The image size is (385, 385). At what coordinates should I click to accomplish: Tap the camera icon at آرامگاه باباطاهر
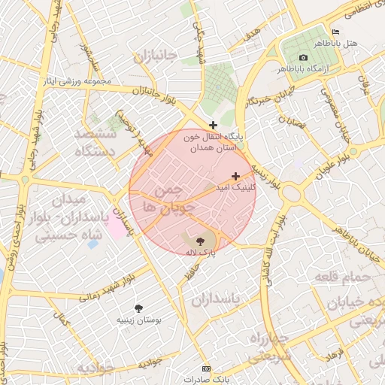click(303, 58)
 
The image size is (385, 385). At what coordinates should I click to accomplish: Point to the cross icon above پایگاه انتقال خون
click(214, 124)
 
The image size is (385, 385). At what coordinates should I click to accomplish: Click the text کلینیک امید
click(236, 186)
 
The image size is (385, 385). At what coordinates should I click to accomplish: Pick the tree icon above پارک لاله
click(199, 241)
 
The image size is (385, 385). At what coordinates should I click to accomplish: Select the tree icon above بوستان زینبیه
click(138, 308)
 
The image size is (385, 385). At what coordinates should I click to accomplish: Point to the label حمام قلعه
click(350, 278)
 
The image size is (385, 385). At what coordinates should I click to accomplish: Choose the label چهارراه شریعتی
click(268, 347)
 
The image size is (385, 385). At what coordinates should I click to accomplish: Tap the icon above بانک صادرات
click(207, 368)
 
